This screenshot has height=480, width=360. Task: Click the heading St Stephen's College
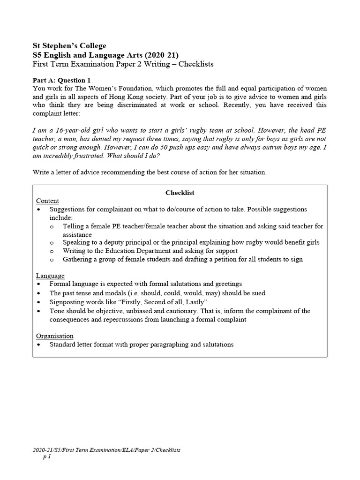point(69,45)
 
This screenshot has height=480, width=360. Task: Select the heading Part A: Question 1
point(61,80)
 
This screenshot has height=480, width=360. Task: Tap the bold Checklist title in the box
point(180,193)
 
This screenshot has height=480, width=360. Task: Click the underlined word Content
point(47,201)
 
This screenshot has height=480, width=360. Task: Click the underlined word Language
point(50,276)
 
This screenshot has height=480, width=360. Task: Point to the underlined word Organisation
point(54,336)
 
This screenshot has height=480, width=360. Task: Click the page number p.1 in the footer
point(46,457)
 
